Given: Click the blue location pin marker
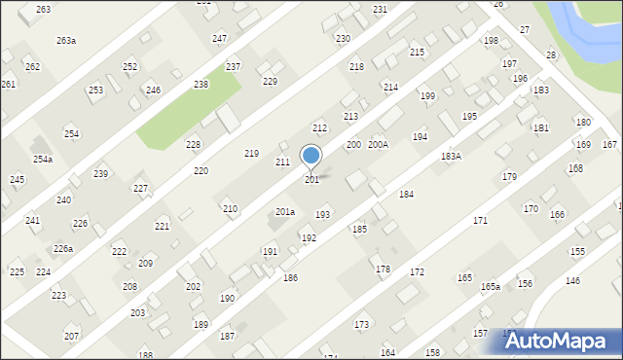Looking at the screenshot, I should (311, 156).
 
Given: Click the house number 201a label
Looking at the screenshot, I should (284, 212).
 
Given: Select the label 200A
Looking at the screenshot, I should (378, 144).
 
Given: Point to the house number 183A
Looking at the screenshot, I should (451, 156).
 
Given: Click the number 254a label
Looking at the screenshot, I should (43, 159).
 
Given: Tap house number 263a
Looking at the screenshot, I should (66, 41).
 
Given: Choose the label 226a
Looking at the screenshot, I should (63, 249).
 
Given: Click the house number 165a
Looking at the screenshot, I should (490, 287).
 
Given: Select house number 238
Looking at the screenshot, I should (201, 85).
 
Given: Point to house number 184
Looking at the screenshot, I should (406, 195).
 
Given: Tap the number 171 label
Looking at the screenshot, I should (480, 221).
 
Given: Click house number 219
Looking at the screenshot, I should (251, 154).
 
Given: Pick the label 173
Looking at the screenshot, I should (361, 324).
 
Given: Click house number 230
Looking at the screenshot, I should (343, 38).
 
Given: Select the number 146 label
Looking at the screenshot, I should (572, 280).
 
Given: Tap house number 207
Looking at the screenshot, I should (71, 336).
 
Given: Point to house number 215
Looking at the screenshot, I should (417, 53).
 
